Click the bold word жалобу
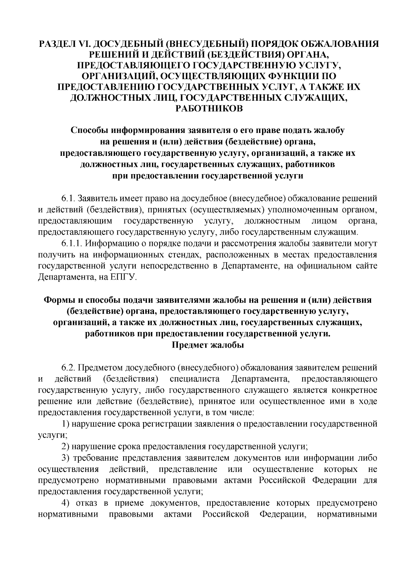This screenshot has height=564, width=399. click(x=329, y=130)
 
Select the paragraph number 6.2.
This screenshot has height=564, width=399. click(x=67, y=368)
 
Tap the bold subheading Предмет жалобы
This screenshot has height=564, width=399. click(x=208, y=345)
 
